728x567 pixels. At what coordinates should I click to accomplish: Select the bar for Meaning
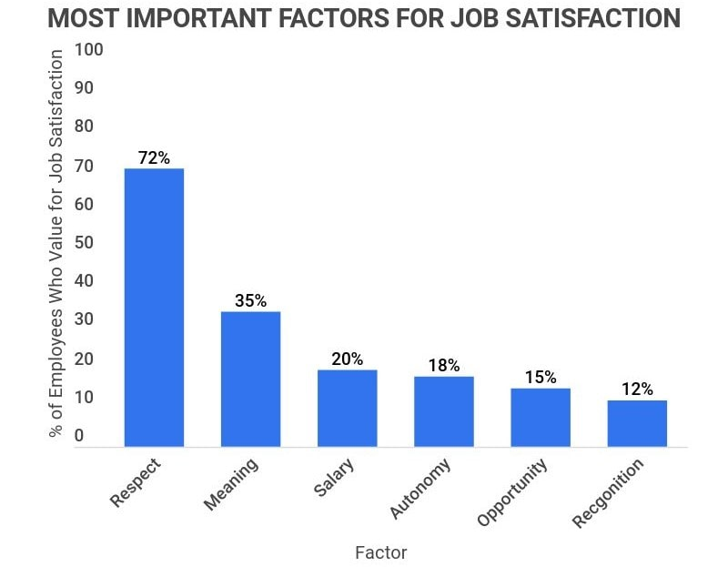pos(250,379)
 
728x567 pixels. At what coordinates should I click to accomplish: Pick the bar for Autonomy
pos(443,411)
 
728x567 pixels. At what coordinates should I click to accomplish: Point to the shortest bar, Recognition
pos(636,423)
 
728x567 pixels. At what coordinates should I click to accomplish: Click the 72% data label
pos(154,157)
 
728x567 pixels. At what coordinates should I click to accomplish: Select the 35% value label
pos(250,300)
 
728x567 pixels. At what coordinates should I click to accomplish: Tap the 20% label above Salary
pos(347,359)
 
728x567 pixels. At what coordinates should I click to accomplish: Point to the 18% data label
pos(443,365)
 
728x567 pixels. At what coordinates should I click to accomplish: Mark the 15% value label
pos(540,377)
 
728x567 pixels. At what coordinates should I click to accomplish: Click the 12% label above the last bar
pos(636,389)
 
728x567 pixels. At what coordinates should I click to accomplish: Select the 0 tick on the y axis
pos(79,436)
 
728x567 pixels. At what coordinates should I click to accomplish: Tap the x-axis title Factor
pos(380,552)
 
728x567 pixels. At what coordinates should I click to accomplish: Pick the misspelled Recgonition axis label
pos(608,492)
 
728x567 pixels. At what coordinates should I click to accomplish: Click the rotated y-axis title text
pos(56,244)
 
